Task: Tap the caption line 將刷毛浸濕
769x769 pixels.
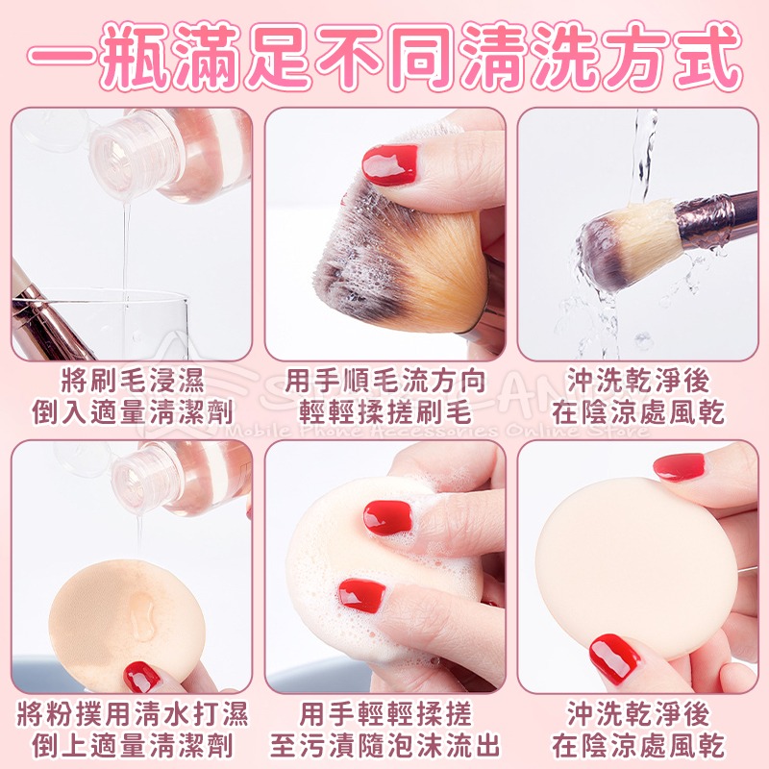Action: tap(132, 381)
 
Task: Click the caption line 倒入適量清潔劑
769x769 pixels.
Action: tap(132, 414)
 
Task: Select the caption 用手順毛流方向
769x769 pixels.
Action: tap(384, 381)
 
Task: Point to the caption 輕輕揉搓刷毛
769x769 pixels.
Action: tap(384, 414)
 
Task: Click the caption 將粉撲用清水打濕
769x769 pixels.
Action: tap(132, 714)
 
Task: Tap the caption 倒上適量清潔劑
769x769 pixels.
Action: tap(132, 746)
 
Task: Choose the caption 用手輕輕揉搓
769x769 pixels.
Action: tap(384, 714)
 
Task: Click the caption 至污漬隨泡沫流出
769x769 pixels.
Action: tap(384, 746)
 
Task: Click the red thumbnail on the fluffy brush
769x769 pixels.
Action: tap(389, 164)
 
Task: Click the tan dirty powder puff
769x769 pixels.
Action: tap(115, 615)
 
